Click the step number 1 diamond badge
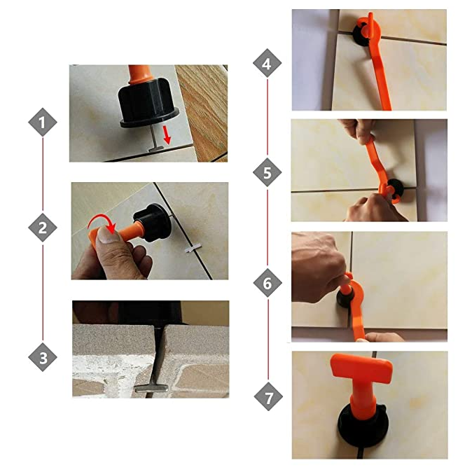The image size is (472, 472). click(43, 123)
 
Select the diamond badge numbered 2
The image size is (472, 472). click(43, 228)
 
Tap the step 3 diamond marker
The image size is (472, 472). click(43, 359)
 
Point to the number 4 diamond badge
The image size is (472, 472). click(267, 65)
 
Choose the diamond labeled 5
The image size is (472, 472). click(267, 172)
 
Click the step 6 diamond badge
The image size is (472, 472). click(267, 284)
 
